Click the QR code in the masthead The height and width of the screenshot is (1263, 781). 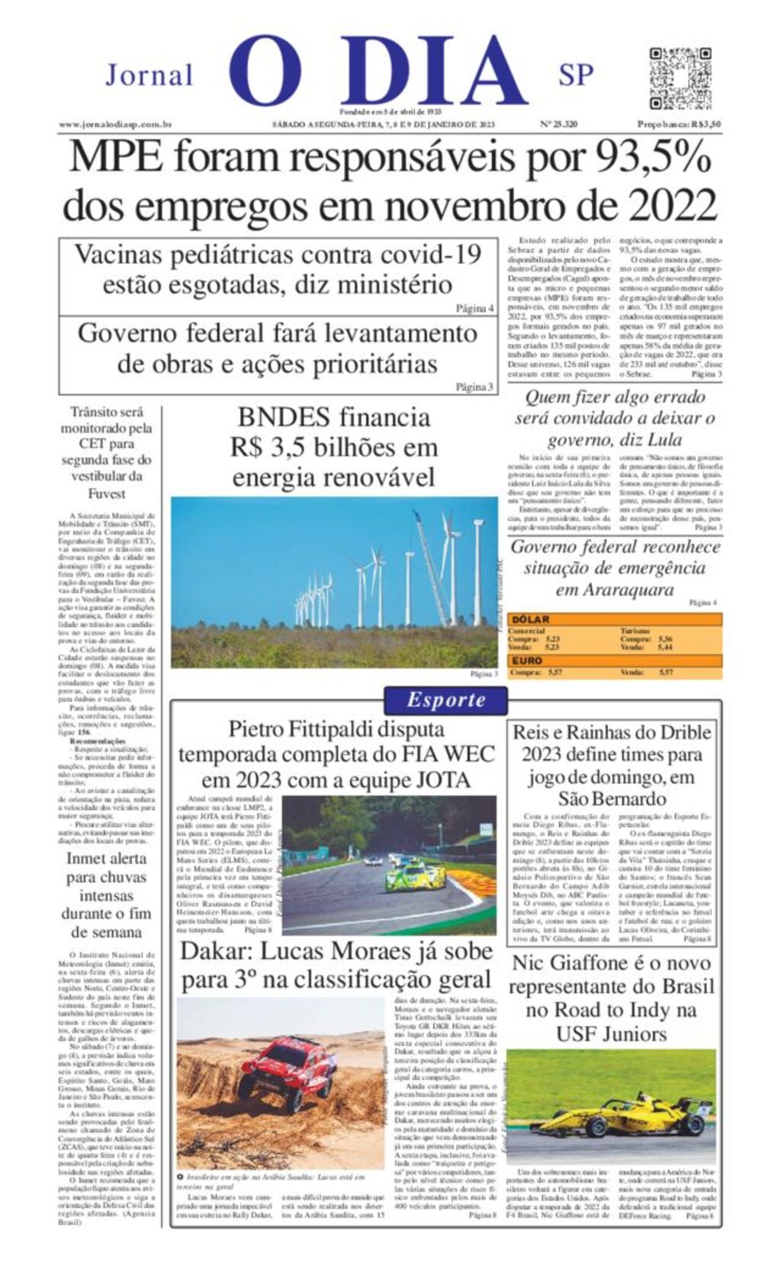click(680, 78)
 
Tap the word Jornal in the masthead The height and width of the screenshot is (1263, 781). click(149, 76)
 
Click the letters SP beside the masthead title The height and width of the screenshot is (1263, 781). click(576, 75)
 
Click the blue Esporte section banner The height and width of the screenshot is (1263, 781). click(445, 699)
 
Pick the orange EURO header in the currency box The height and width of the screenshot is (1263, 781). click(527, 660)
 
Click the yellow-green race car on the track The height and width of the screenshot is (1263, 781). click(414, 878)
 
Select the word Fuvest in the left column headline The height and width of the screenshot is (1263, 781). click(108, 493)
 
